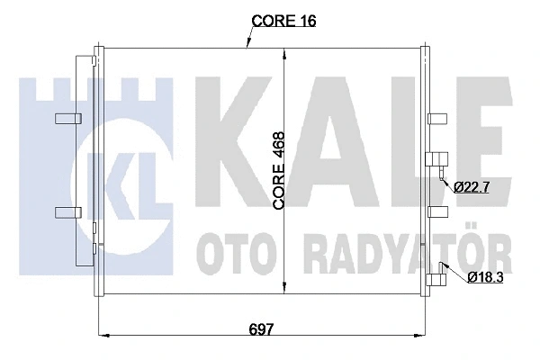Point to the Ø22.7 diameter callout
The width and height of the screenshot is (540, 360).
[472, 187]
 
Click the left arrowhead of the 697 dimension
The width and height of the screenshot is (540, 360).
[102, 337]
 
